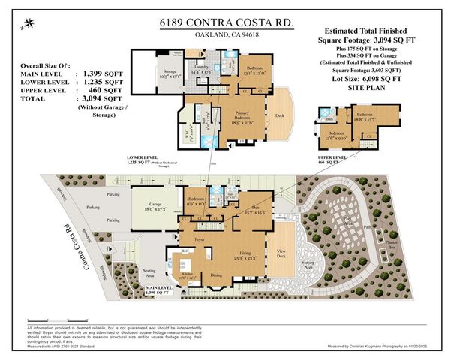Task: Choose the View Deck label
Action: [282, 252]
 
